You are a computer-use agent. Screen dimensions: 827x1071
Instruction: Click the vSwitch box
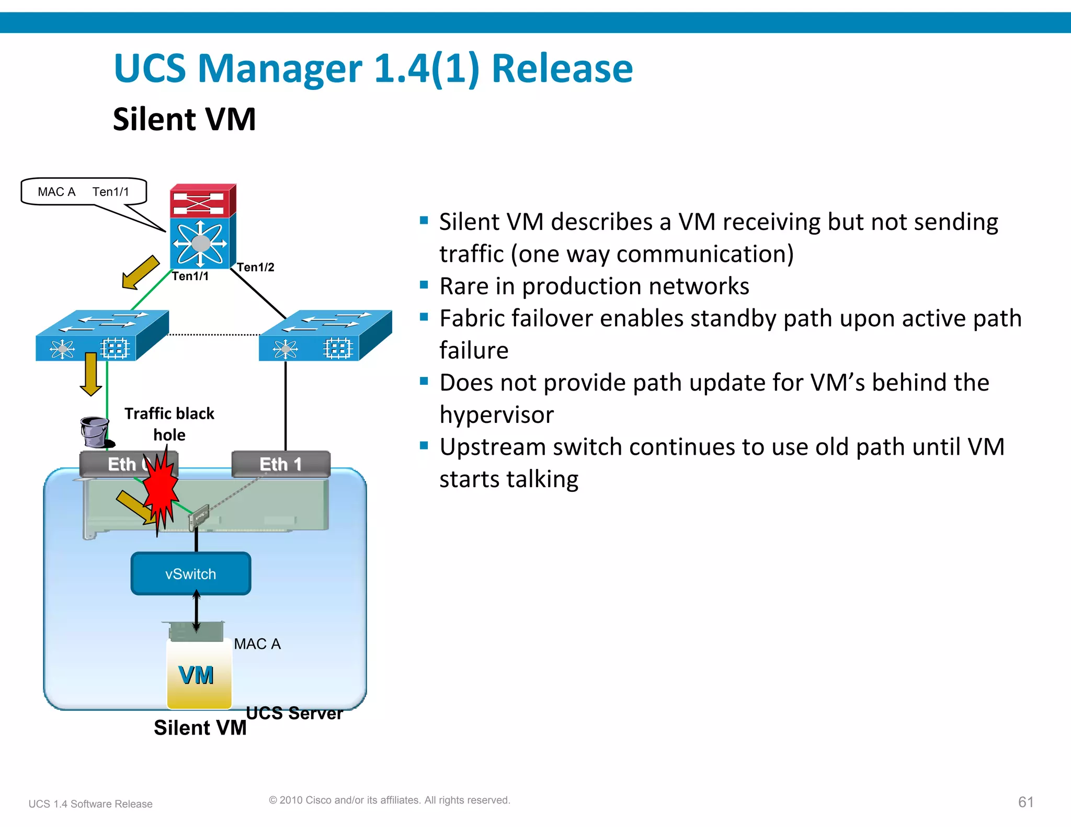190,573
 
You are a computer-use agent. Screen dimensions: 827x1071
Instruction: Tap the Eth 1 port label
281,464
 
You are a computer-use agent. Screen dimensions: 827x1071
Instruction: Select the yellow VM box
199,675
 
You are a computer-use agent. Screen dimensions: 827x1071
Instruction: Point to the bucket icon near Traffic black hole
95,432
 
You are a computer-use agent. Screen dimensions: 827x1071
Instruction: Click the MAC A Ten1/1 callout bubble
84,192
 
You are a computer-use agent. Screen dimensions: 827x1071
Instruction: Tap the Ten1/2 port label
255,267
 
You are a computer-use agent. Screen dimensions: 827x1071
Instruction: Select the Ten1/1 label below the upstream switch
190,276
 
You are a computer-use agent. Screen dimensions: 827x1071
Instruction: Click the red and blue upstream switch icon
203,226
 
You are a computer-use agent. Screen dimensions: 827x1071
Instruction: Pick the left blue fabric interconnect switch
101,335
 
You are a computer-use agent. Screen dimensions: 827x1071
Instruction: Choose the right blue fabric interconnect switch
325,335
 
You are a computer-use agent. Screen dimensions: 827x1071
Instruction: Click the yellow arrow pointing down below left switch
91,374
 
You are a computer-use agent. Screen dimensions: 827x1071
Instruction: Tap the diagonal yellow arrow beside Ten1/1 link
140,272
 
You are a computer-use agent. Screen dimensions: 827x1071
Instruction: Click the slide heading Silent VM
184,119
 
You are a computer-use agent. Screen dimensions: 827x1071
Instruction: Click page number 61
1026,802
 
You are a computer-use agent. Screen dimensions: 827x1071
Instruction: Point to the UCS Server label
294,713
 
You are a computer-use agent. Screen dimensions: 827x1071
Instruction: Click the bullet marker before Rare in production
424,285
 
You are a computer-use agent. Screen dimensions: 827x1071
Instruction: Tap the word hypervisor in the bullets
496,415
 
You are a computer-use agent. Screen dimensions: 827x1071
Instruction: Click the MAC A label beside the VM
257,644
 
